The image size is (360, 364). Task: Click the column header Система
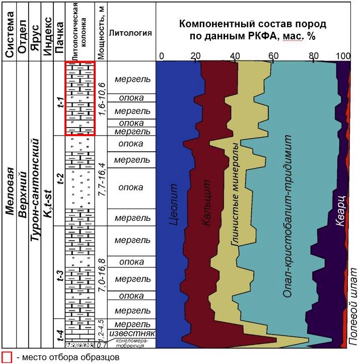pos(10,34)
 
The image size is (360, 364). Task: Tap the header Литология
pos(130,33)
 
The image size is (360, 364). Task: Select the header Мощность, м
pos(101,32)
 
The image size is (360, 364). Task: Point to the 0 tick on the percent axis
pos(162,56)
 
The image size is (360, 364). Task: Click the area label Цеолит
pos(173,204)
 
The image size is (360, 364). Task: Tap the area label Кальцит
pos(206,203)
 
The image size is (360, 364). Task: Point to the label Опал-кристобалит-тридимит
pos(287,216)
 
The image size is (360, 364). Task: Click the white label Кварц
pos(341,211)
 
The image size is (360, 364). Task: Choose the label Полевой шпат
pos(352,307)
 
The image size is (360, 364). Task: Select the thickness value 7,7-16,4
pos(102,179)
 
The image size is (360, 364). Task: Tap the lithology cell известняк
pos(132,334)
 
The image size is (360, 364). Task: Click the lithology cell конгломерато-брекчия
pos(131,343)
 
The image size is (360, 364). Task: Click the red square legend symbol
pos(7,357)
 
